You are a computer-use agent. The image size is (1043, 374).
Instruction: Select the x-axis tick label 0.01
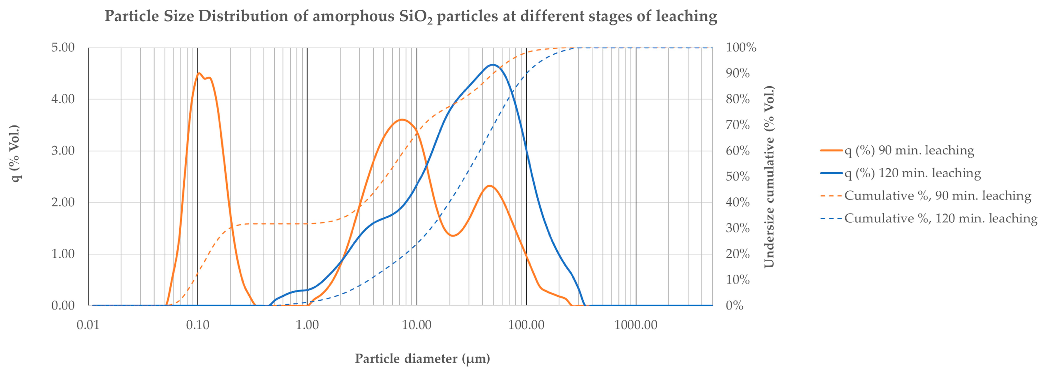point(88,325)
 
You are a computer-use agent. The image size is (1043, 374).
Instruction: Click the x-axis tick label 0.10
point(197,325)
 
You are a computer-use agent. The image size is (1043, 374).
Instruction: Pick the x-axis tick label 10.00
point(416,325)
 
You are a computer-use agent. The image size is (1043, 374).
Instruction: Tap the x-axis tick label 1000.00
point(636,325)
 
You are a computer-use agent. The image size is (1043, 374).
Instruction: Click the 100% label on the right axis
point(741,48)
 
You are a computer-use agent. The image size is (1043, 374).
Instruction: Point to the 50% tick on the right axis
point(738,177)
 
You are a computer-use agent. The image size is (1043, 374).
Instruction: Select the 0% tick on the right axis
point(734,306)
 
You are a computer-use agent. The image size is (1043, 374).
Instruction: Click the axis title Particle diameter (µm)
point(422,359)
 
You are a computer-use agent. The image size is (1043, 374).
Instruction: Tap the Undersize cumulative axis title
point(769,177)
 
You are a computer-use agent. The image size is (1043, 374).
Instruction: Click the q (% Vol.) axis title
point(15,154)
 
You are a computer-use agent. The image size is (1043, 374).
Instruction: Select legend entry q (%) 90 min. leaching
point(909,151)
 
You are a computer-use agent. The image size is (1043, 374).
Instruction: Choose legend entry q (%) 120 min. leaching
point(912,173)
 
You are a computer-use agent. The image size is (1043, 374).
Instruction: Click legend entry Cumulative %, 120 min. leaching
point(940,218)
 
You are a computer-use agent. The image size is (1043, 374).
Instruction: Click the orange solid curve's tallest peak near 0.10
point(199,73)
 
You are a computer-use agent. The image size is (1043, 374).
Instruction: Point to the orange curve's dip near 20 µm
point(453,235)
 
